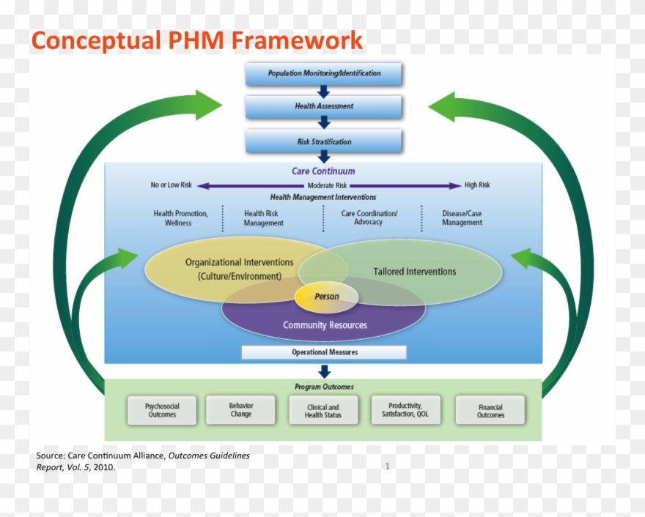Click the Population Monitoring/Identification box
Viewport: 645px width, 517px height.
[324, 73]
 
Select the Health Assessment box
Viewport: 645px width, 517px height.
[324, 106]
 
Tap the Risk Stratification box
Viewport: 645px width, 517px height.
[324, 141]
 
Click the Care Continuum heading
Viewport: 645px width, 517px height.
[323, 171]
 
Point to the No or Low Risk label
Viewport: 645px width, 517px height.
[171, 185]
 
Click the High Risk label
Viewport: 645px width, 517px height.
[477, 185]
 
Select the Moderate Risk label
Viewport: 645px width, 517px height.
[327, 186]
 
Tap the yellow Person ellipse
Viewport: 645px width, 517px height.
[327, 297]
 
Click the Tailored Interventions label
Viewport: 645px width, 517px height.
[414, 272]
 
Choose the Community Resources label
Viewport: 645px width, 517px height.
[325, 325]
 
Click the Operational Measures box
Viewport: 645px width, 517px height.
[324, 352]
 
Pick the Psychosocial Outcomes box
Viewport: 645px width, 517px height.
[162, 410]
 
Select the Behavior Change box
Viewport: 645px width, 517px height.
[240, 410]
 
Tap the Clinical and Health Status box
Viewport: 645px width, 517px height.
[322, 411]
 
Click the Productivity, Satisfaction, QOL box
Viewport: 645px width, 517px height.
[405, 410]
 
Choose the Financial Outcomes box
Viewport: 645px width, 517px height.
[490, 411]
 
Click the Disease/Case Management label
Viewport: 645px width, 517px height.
[462, 218]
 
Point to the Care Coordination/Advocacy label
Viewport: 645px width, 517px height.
[369, 217]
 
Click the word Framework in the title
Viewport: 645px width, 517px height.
[297, 40]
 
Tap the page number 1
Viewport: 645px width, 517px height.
[387, 466]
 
